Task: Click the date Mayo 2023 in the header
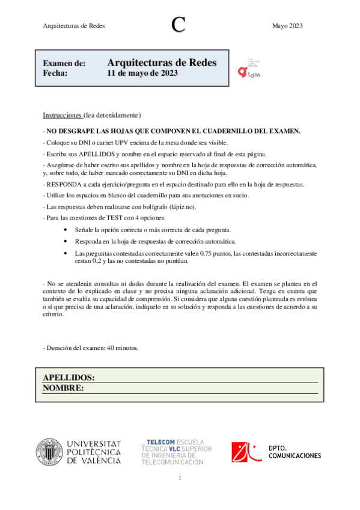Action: pyautogui.click(x=287, y=25)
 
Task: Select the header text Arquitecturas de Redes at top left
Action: pyautogui.click(x=73, y=25)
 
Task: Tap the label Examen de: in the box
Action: pyautogui.click(x=64, y=64)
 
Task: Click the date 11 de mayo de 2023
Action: pyautogui.click(x=142, y=73)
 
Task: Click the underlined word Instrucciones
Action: pyautogui.click(x=62, y=115)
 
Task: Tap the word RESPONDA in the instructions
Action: pyautogui.click(x=64, y=185)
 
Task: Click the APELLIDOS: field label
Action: pyautogui.click(x=69, y=377)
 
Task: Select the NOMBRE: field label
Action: pyautogui.click(x=63, y=388)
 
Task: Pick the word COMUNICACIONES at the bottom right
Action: pyautogui.click(x=294, y=456)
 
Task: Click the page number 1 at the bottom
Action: pyautogui.click(x=179, y=478)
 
